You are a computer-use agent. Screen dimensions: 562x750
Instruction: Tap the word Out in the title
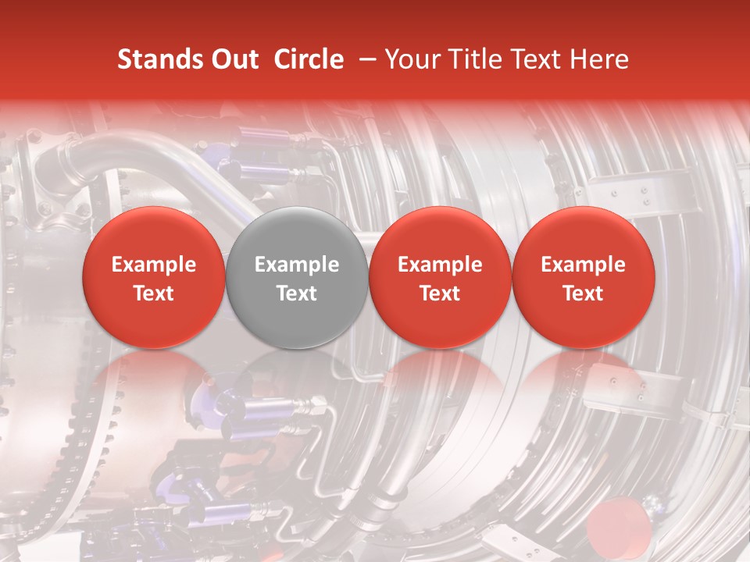(x=235, y=59)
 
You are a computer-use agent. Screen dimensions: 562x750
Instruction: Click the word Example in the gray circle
(x=297, y=265)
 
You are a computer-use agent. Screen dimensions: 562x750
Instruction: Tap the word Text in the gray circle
(x=297, y=293)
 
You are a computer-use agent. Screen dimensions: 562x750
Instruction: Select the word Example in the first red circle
(x=154, y=265)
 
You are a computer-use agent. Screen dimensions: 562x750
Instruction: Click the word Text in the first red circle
(x=154, y=293)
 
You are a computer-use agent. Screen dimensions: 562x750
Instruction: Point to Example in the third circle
(x=440, y=265)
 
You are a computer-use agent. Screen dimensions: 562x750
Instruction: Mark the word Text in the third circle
(x=440, y=293)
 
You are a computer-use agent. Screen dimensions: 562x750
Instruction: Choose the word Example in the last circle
(x=583, y=265)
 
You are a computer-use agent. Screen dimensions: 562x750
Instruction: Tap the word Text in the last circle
(x=583, y=293)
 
